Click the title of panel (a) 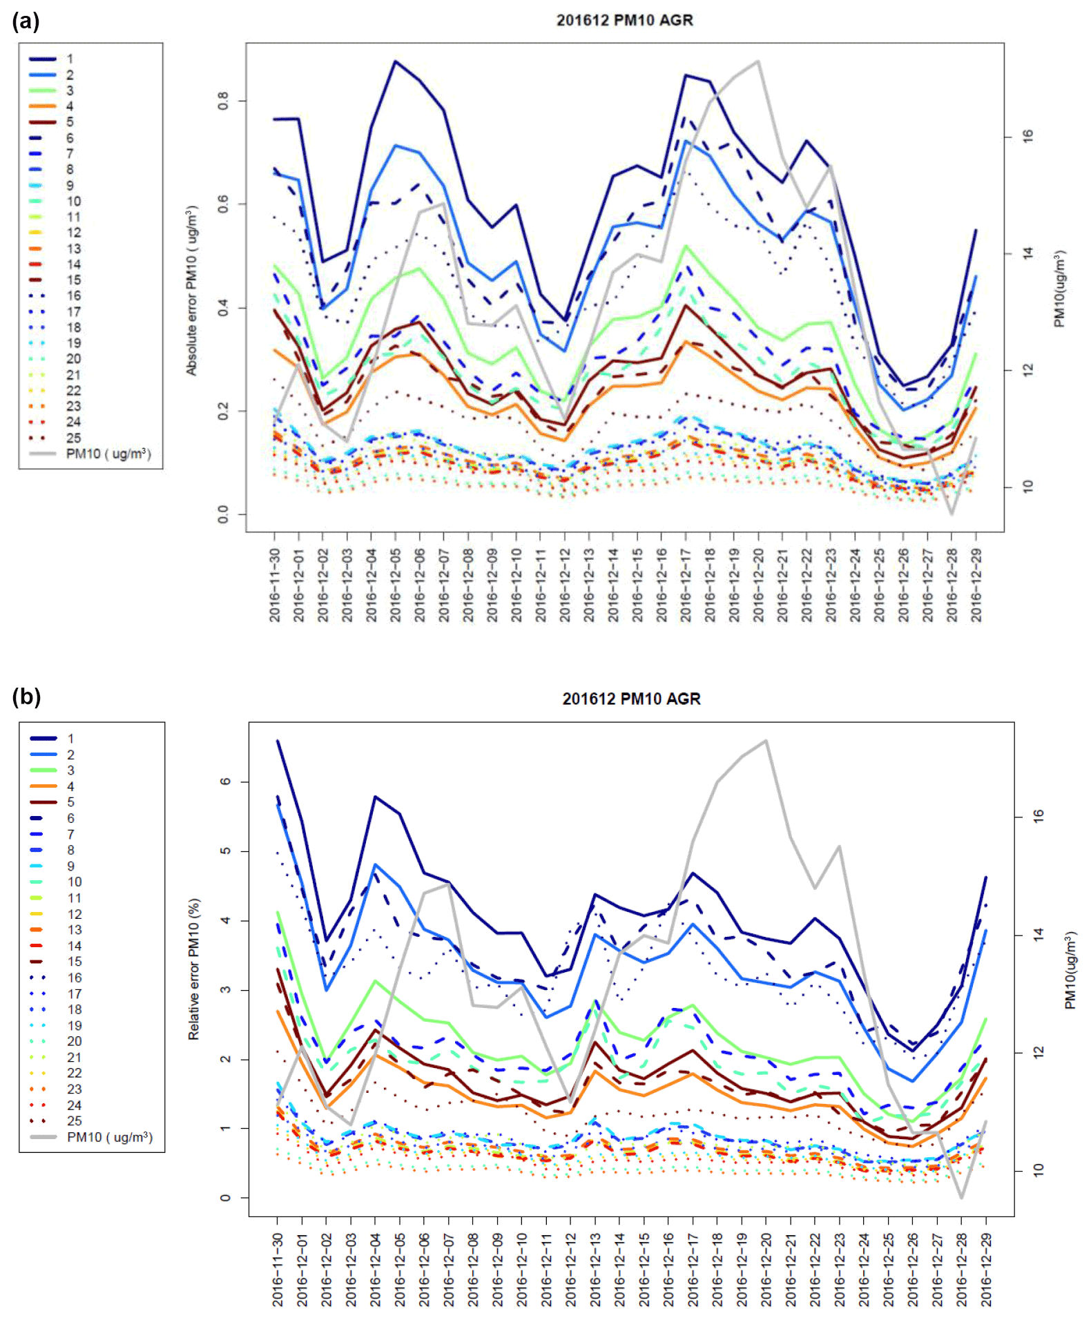[624, 20]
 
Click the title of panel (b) [631, 699]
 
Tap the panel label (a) [26, 21]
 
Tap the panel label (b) [26, 697]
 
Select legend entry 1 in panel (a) [69, 59]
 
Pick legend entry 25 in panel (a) [73, 438]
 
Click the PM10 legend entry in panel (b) [109, 1137]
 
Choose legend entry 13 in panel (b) [75, 930]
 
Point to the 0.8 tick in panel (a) [223, 101]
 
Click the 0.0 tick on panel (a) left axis [223, 514]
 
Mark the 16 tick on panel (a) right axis [1028, 137]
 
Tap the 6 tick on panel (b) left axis [226, 782]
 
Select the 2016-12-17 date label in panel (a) [686, 585]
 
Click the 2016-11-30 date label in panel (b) [278, 1270]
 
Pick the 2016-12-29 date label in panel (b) [986, 1270]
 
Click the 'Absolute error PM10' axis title [191, 290]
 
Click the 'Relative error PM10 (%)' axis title [194, 969]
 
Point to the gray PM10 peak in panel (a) [758, 61]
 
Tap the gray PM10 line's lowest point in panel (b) [961, 1197]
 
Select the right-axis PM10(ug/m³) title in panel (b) [1070, 971]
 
